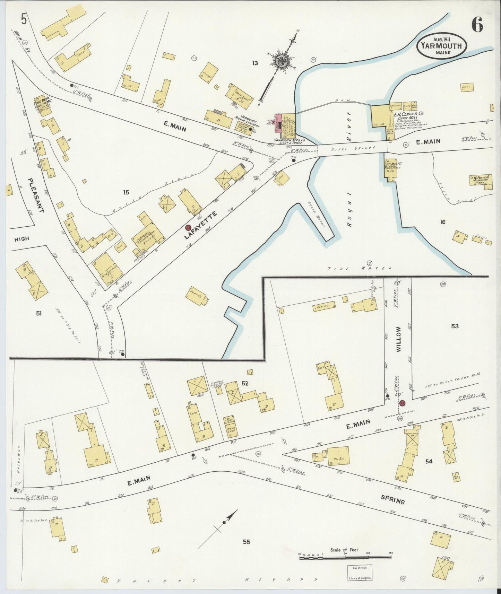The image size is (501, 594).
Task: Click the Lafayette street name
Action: coord(201,225)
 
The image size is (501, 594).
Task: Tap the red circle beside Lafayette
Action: coord(188,227)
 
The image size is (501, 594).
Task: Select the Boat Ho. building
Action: coord(198,296)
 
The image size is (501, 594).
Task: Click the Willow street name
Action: coord(398,340)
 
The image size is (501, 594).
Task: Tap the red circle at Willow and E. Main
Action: coord(402,403)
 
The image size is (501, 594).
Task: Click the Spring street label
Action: coord(392,500)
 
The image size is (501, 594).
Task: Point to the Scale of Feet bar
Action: coord(345,558)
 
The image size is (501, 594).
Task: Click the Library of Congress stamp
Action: coord(360,572)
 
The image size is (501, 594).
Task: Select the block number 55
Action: coord(246,542)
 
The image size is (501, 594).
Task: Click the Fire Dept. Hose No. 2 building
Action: coord(43,105)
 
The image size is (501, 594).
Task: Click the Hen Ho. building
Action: coord(324,306)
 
